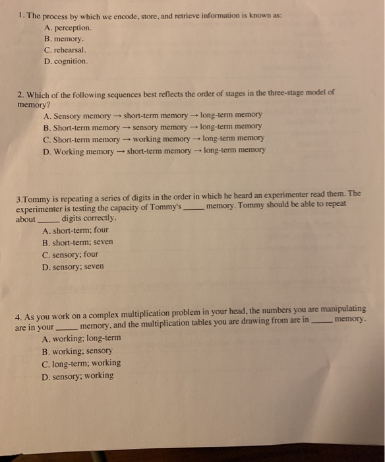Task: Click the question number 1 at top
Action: click(20, 15)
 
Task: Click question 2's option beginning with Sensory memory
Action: click(152, 115)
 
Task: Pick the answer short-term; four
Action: click(75, 231)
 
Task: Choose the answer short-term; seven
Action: click(77, 242)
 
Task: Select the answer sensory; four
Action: click(70, 254)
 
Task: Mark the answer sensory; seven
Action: click(72, 266)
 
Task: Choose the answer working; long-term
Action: click(81, 339)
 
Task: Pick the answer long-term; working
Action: click(81, 363)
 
